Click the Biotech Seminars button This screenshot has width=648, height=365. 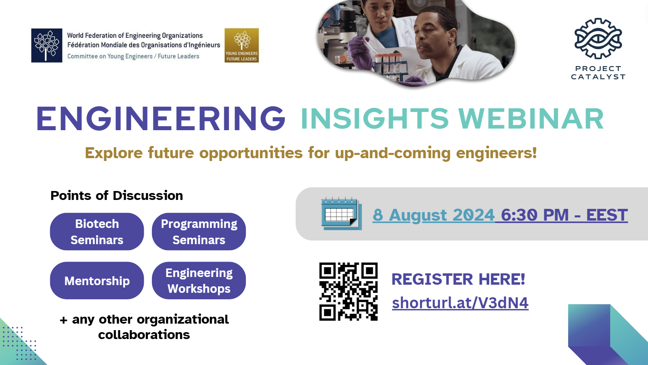97,232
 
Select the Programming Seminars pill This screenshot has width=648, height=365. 199,232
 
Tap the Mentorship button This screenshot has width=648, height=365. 97,280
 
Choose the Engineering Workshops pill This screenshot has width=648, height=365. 199,280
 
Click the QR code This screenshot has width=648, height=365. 348,292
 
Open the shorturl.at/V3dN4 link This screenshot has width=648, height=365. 460,303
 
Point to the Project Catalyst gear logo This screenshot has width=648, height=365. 598,38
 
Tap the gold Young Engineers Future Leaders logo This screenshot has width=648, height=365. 241,45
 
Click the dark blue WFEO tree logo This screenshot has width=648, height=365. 47,45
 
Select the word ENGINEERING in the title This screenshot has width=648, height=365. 161,118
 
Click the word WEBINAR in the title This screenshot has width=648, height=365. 531,118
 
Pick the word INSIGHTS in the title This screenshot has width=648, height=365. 375,118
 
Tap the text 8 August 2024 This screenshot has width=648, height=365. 433,215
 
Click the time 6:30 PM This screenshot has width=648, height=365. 535,215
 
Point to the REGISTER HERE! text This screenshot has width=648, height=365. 458,279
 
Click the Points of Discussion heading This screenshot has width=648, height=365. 117,195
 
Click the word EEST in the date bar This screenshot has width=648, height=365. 607,215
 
